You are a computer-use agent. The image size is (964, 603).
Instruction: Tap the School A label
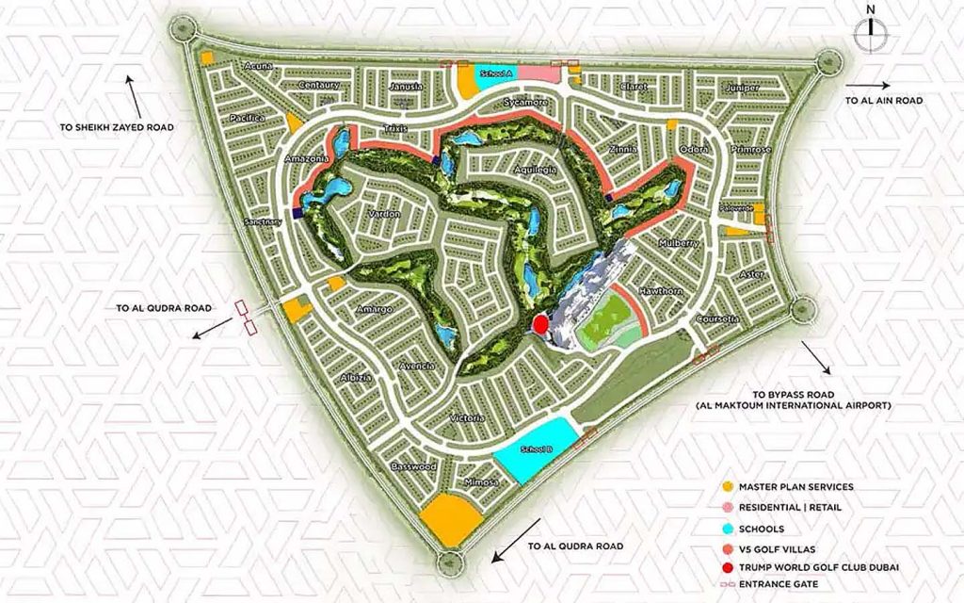494,73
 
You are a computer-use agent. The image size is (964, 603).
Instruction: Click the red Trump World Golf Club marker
540,324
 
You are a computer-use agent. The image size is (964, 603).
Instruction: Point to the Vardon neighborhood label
384,215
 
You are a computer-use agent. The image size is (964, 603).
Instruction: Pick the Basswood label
413,466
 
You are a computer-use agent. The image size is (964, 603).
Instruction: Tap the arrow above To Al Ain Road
882,82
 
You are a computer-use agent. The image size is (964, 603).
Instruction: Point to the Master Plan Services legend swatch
726,487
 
